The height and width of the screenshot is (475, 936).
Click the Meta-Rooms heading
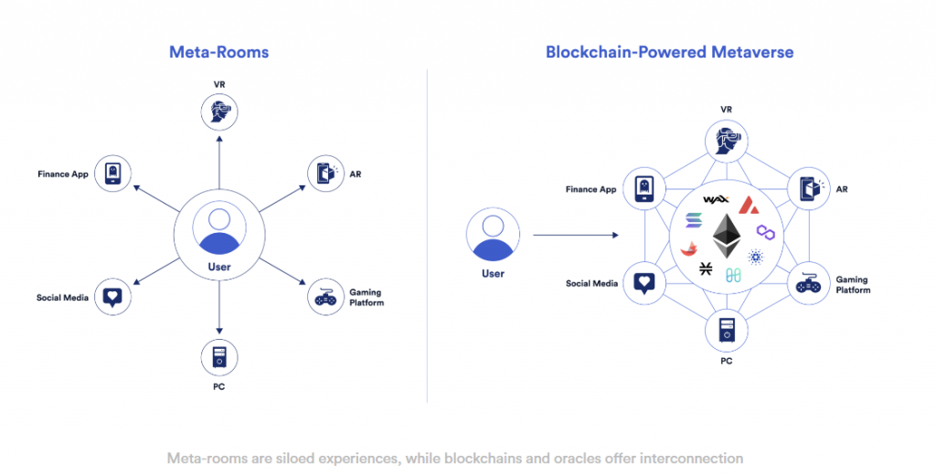pos(218,52)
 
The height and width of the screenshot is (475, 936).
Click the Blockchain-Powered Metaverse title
pos(669,52)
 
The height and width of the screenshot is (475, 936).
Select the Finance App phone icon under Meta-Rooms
pos(112,173)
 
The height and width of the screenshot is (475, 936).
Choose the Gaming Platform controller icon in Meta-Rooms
pos(325,297)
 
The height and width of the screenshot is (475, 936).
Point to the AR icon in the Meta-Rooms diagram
pos(325,173)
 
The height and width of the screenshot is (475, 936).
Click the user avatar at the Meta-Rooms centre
pos(219,229)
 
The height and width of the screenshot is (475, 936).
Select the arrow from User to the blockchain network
pos(571,236)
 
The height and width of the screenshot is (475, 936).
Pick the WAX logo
pos(715,199)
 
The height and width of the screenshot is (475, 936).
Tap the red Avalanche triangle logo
pos(749,203)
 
